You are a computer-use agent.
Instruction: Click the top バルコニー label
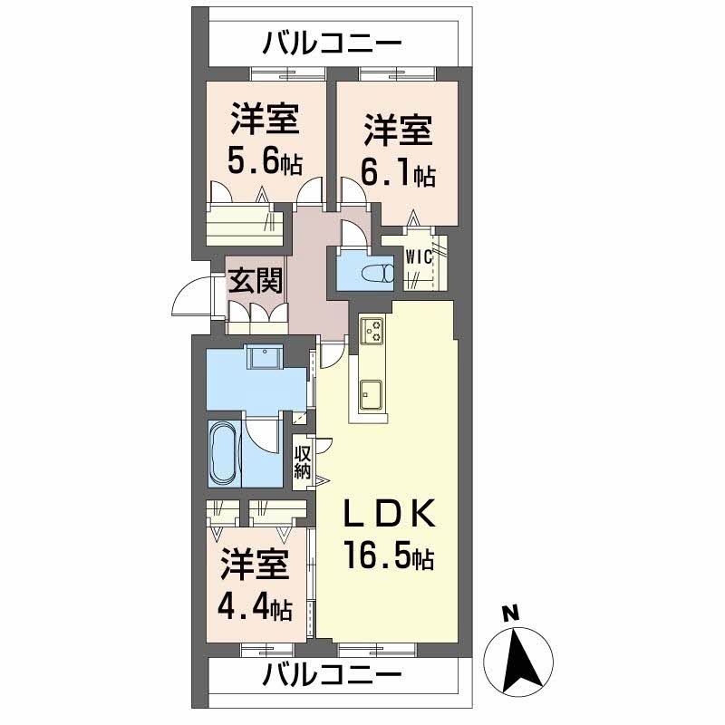click(333, 42)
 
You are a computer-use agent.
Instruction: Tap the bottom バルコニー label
click(333, 675)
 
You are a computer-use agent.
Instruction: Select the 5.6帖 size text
click(264, 164)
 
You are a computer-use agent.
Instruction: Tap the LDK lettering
click(390, 515)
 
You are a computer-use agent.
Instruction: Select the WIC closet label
click(419, 256)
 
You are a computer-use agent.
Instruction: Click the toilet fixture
click(376, 271)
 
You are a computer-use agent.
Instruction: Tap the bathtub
click(223, 454)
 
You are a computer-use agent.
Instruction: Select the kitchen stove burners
click(372, 332)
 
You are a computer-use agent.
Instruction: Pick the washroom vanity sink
click(266, 359)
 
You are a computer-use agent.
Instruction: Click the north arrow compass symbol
click(519, 659)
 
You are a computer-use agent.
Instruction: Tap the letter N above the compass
click(511, 614)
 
